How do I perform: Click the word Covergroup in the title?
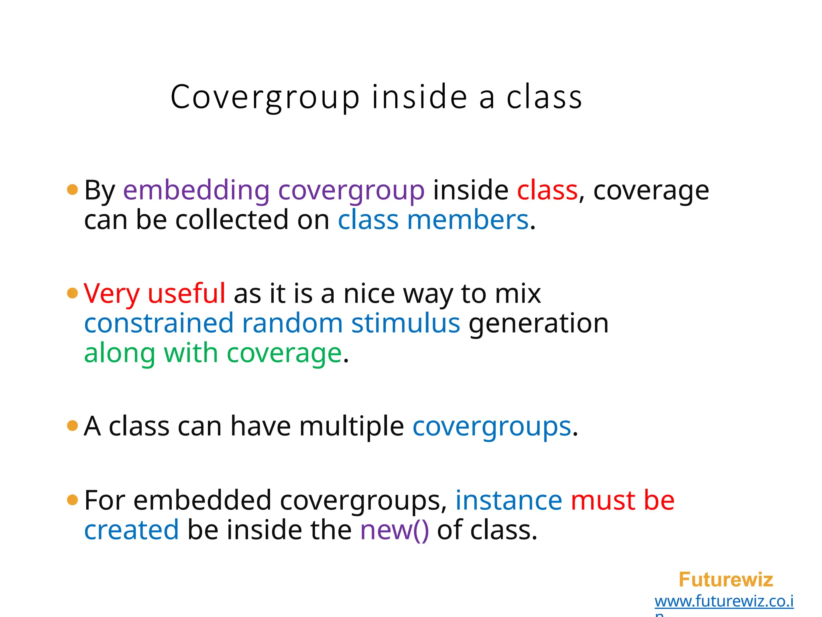point(265,97)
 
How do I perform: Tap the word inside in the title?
point(419,97)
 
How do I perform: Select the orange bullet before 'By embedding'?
point(72,190)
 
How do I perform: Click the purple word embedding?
point(196,190)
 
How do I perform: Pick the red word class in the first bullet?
point(547,190)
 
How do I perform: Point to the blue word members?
point(468,220)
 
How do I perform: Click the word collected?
point(232,220)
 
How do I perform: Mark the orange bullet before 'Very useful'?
point(72,293)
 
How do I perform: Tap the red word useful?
point(187,293)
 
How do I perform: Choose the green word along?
point(120,353)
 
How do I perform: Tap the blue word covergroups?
point(492,427)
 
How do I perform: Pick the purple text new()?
point(395,530)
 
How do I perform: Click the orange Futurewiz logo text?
point(726,580)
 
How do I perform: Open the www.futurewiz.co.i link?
point(724,601)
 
